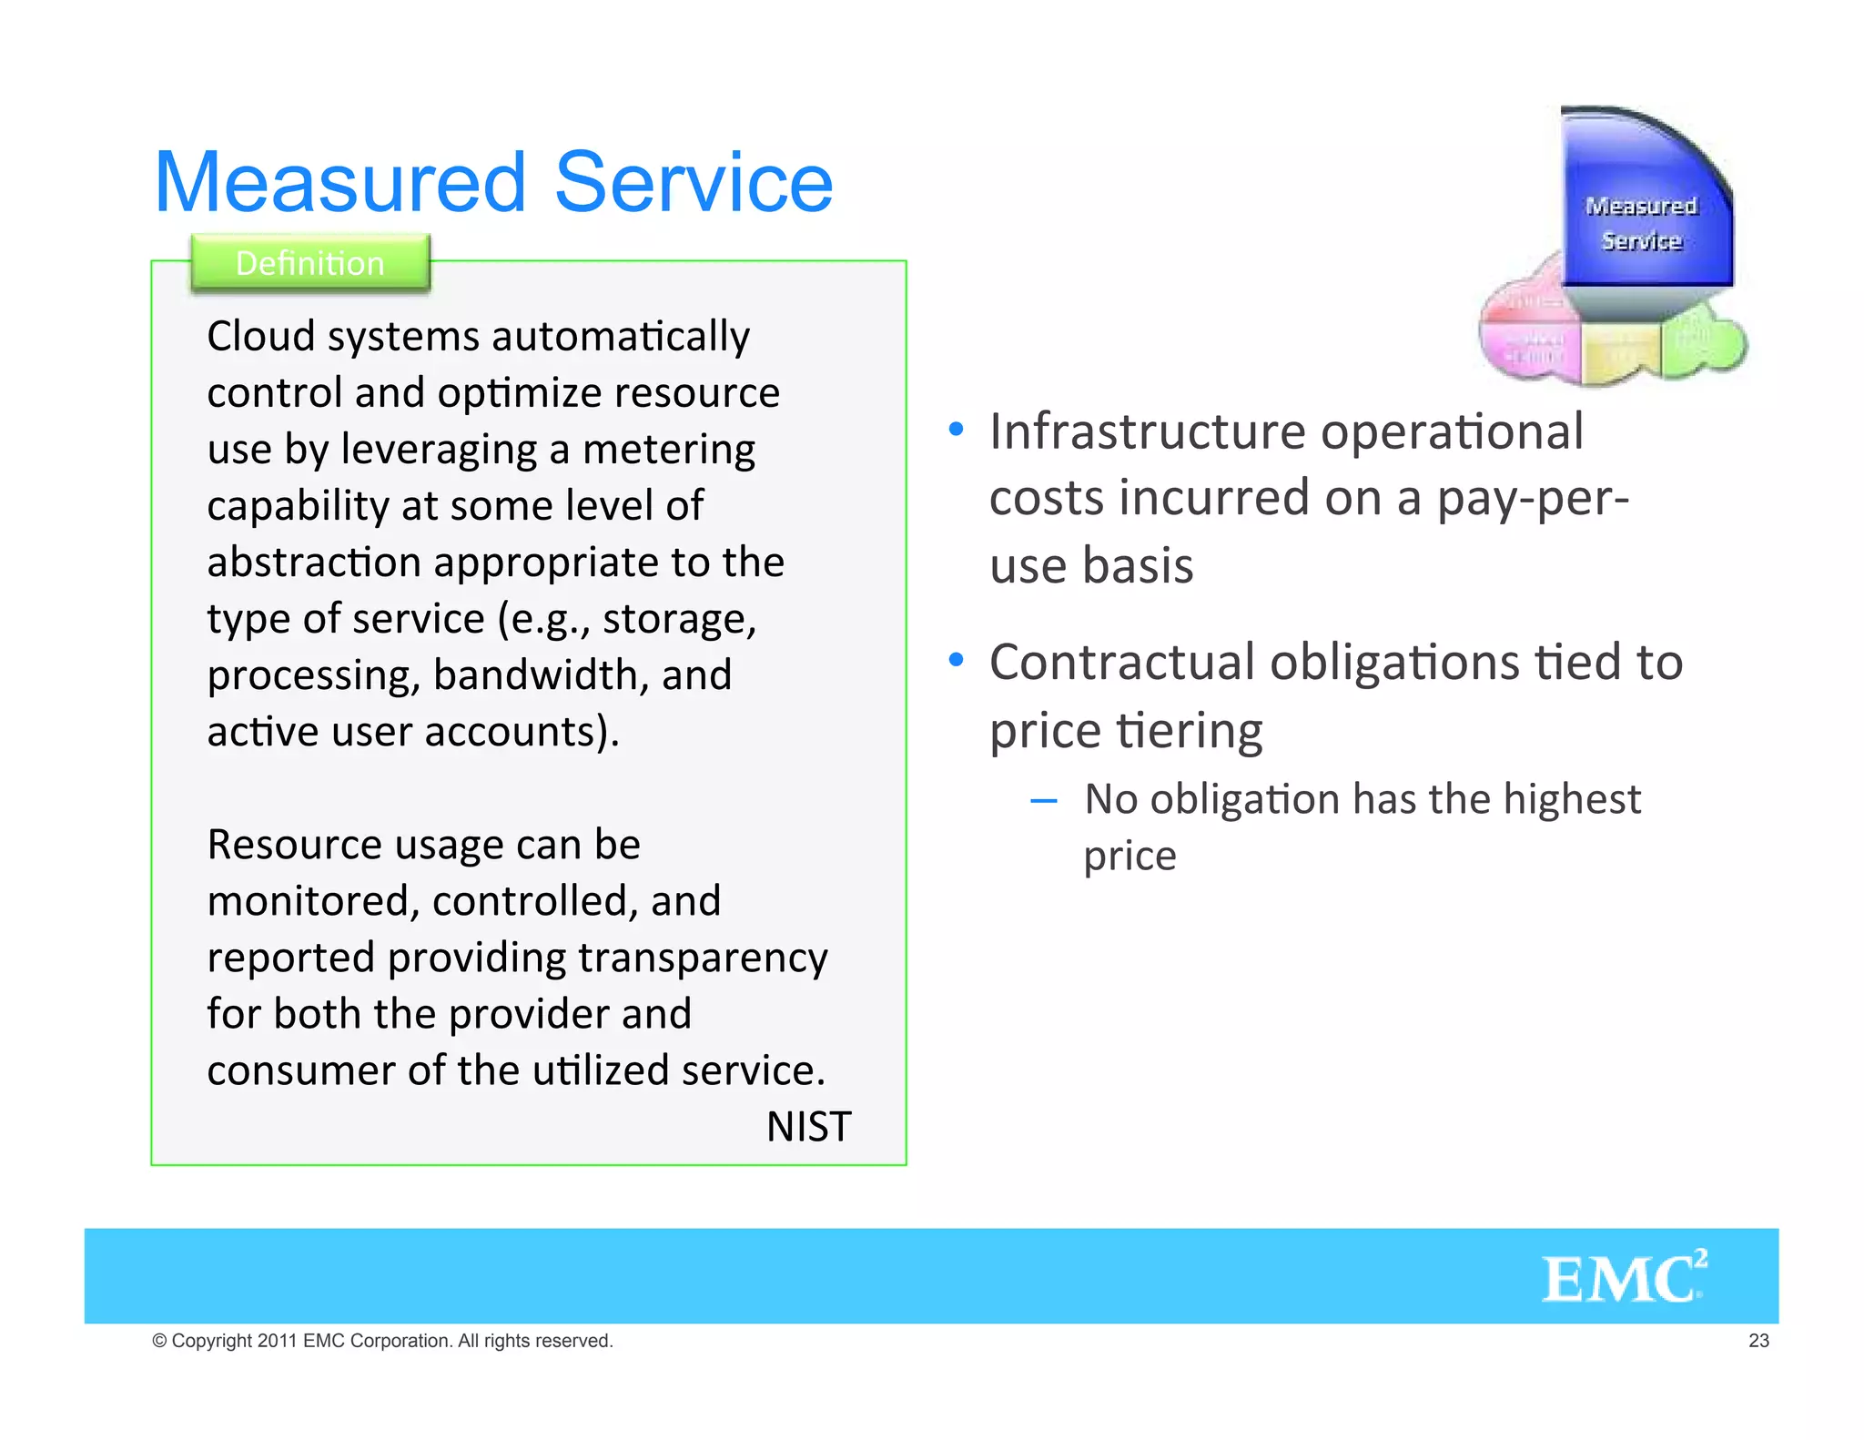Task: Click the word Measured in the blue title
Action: click(340, 183)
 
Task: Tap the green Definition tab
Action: click(309, 263)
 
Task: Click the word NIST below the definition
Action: click(808, 1127)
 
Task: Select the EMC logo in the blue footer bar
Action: click(1623, 1277)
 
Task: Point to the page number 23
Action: click(1758, 1341)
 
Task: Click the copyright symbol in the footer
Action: click(160, 1341)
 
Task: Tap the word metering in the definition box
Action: click(668, 450)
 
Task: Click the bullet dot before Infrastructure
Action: click(956, 429)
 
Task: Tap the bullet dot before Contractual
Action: click(956, 659)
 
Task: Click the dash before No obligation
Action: click(1043, 801)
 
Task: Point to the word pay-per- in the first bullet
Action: click(1533, 499)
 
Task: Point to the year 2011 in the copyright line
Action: click(277, 1341)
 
